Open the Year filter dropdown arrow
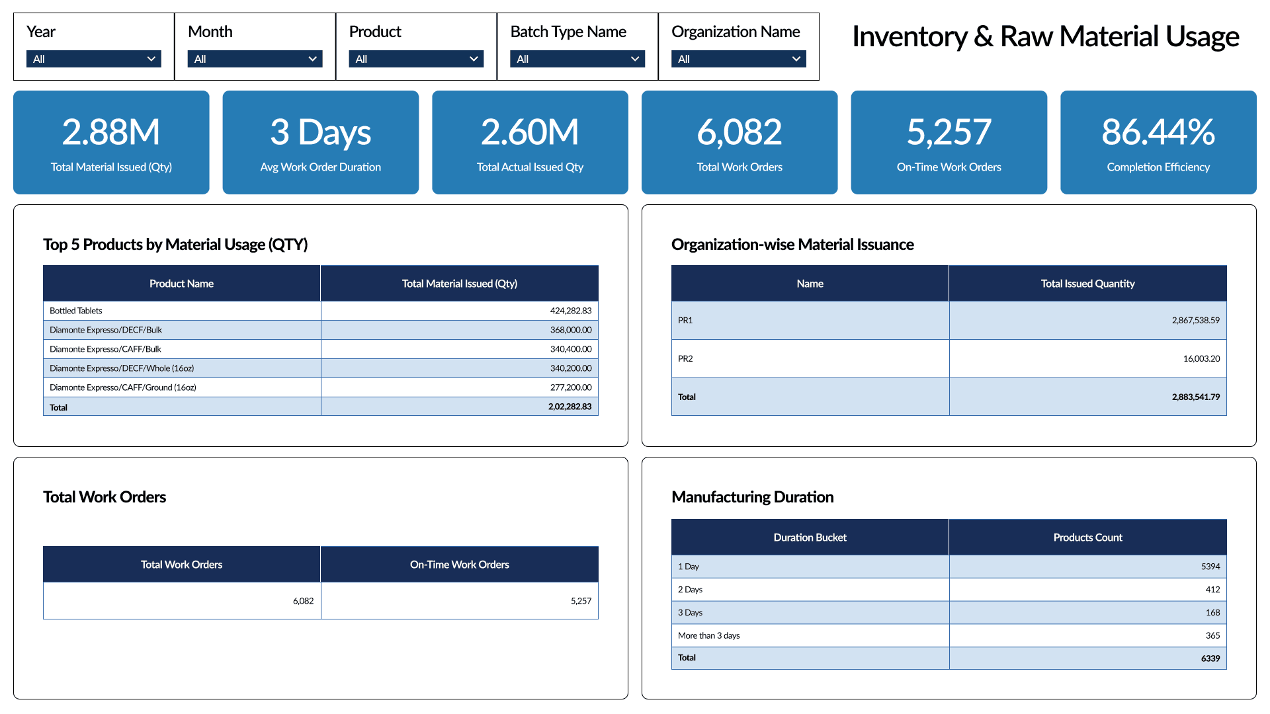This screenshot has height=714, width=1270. pos(151,59)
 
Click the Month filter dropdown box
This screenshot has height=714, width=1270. pos(255,59)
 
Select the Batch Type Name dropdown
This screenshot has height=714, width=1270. pos(577,59)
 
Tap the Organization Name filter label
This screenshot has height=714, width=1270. pos(736,32)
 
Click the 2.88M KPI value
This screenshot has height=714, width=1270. pos(111,132)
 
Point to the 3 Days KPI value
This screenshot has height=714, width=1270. pos(321,132)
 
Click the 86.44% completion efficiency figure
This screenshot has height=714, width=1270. pos(1158,132)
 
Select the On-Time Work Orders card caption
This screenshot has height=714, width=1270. pos(949,167)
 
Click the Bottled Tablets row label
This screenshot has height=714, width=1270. pos(76,311)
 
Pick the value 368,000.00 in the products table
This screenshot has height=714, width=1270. pos(571,330)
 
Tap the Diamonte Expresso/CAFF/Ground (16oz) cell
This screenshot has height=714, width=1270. pos(123,387)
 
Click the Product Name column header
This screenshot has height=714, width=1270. pos(181,284)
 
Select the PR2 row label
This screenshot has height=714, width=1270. pos(685,358)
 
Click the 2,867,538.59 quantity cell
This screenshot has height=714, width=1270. pos(1195,320)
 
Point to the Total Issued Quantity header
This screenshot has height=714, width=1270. pos(1087,284)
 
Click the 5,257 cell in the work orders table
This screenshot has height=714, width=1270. pos(581,601)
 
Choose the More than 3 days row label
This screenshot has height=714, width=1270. pos(708,635)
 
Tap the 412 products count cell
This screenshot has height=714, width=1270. pos(1212,590)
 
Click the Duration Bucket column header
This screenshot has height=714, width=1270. pos(810,537)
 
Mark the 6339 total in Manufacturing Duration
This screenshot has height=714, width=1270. pos(1210,658)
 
